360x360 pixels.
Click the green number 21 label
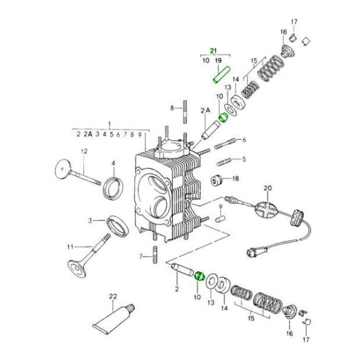tap(213, 51)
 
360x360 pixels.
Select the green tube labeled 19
tap(222, 75)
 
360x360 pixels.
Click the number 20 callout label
tap(268, 188)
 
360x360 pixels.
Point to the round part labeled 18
tap(217, 181)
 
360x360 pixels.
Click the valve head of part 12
tap(63, 168)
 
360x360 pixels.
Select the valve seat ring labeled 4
tap(113, 188)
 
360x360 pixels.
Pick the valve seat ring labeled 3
tap(117, 226)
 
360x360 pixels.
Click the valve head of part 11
tap(77, 268)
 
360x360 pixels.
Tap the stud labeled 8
tap(185, 112)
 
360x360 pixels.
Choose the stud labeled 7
tap(155, 255)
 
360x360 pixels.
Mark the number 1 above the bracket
tap(110, 124)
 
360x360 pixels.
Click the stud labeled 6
tap(225, 143)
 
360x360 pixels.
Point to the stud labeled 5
tap(224, 161)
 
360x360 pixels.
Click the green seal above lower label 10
tap(199, 275)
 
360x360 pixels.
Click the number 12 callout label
tap(84, 152)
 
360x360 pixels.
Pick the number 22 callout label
tap(113, 296)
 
